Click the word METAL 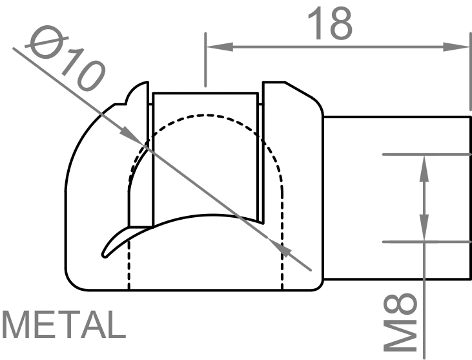(x=63, y=325)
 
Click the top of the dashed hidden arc (x=207, y=116)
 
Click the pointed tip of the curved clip (x=105, y=254)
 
